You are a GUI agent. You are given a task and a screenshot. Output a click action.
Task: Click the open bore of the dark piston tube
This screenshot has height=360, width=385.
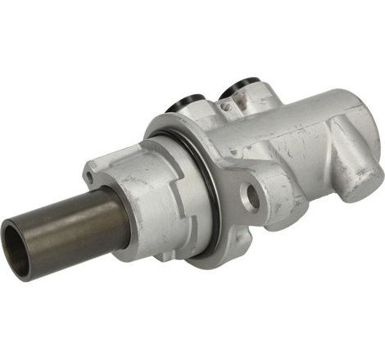19,250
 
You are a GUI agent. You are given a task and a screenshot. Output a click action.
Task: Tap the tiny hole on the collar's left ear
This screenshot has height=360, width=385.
88,174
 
